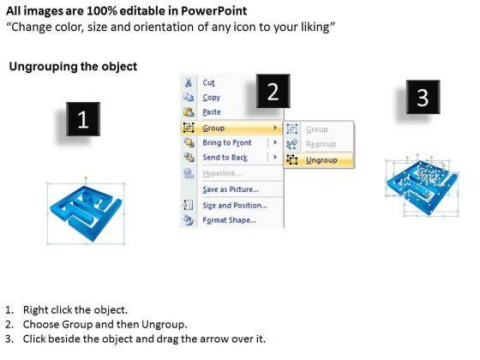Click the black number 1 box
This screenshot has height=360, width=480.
pyautogui.click(x=83, y=119)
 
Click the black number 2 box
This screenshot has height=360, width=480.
pyautogui.click(x=273, y=91)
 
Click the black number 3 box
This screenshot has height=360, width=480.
pyautogui.click(x=423, y=97)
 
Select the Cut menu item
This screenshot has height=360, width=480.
pyautogui.click(x=209, y=82)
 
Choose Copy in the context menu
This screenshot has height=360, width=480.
pyautogui.click(x=211, y=98)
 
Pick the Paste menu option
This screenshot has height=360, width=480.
pyautogui.click(x=212, y=112)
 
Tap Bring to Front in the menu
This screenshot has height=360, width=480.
pyautogui.click(x=227, y=142)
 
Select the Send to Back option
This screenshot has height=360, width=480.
pyautogui.click(x=225, y=158)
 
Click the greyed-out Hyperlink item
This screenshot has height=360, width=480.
pyautogui.click(x=222, y=173)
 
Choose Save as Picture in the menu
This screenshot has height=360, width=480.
pyautogui.click(x=231, y=189)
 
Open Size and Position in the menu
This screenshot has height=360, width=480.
pyautogui.click(x=235, y=206)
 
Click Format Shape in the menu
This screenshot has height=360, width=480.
pyautogui.click(x=229, y=220)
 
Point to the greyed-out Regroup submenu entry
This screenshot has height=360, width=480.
pyautogui.click(x=321, y=144)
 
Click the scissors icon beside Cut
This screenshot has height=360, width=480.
pyautogui.click(x=189, y=82)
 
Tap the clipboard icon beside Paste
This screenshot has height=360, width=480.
pyautogui.click(x=189, y=112)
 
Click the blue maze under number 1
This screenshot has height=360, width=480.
pyautogui.click(x=86, y=213)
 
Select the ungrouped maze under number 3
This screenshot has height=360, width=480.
pyautogui.click(x=423, y=186)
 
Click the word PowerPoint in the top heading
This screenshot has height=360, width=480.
pyautogui.click(x=213, y=11)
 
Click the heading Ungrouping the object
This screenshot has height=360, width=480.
pyautogui.click(x=73, y=67)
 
